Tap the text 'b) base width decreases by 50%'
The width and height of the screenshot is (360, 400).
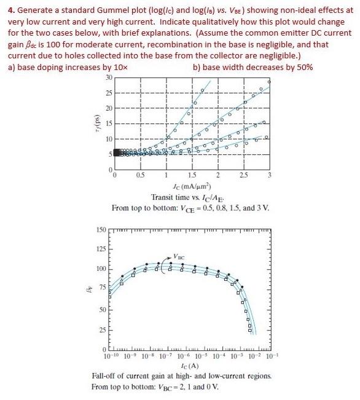click(252, 66)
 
